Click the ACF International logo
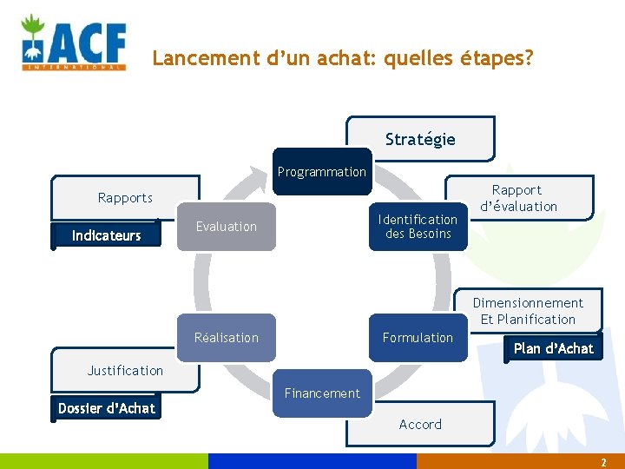[x=74, y=42]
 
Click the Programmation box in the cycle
[x=322, y=172]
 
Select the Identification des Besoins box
[x=418, y=227]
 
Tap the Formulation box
[x=418, y=338]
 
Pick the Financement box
[x=322, y=393]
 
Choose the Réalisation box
[x=227, y=338]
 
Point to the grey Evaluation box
[x=227, y=227]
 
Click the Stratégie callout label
[x=420, y=139]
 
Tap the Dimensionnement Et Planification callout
[x=528, y=311]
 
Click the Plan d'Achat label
[x=554, y=348]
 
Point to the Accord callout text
[x=420, y=425]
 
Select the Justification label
[x=125, y=371]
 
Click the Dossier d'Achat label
[x=107, y=408]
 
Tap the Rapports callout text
[x=125, y=198]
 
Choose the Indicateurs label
[x=106, y=235]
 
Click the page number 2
[x=603, y=463]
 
